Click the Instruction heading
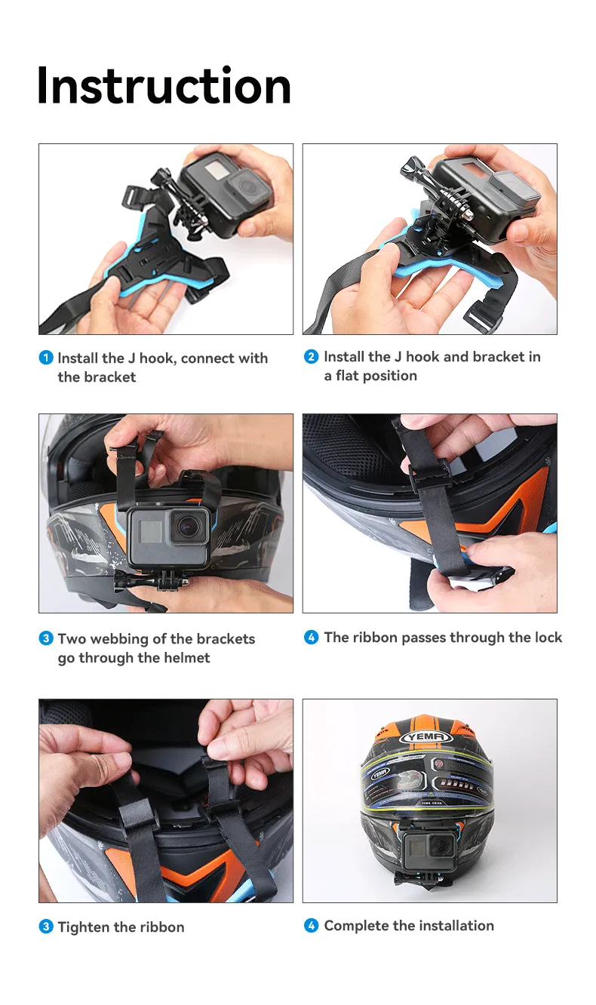[164, 85]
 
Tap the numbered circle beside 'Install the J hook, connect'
[46, 358]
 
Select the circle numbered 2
[312, 357]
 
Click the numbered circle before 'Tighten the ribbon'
[46, 927]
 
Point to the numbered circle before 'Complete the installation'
[312, 925]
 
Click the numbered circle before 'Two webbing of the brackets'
[46, 638]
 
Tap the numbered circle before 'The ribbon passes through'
[312, 637]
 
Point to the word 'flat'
[348, 376]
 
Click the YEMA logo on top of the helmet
[426, 736]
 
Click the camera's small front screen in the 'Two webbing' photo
[150, 531]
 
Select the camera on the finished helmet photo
[429, 847]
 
